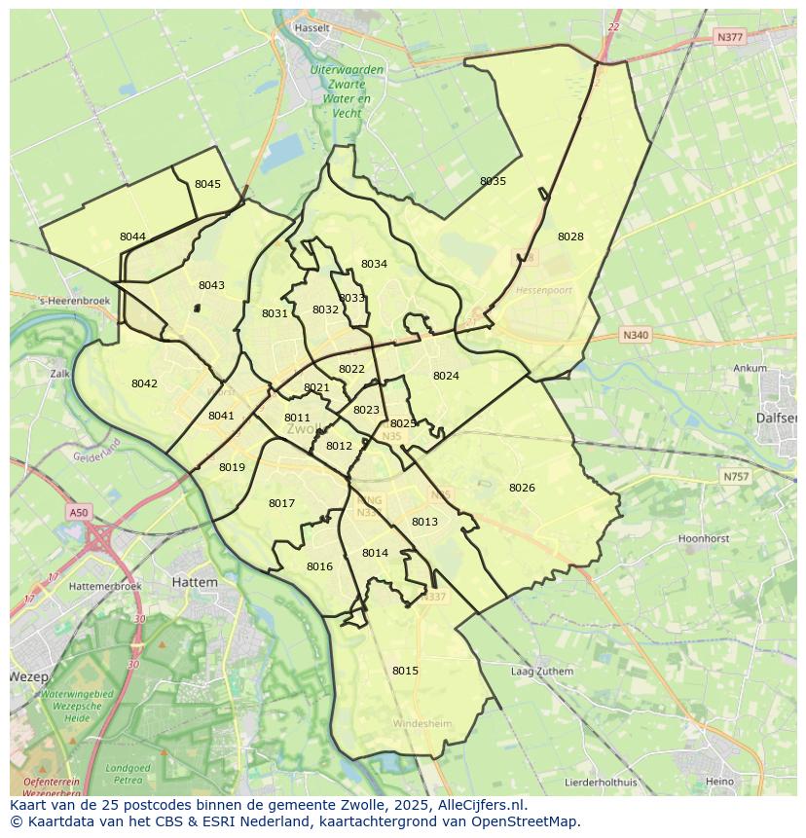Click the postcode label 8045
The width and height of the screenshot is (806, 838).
[x=207, y=184]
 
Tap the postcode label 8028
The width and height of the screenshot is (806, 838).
[x=570, y=237]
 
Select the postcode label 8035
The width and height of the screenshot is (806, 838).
[x=493, y=181]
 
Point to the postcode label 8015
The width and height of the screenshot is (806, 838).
[x=405, y=671]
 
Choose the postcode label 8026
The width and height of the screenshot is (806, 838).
[x=522, y=488]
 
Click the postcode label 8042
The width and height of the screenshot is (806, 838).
[x=144, y=383]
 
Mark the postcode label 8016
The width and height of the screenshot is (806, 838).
[x=319, y=566]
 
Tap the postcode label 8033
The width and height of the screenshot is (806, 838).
[x=351, y=298]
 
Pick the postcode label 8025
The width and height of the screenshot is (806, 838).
[x=403, y=423]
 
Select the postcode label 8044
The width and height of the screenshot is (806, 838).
[x=132, y=237]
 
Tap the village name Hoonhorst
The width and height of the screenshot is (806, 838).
[x=704, y=538]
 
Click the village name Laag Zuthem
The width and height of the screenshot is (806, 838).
[x=542, y=672]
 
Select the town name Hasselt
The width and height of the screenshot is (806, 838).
[x=312, y=28]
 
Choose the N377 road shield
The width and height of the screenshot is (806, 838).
[x=728, y=37]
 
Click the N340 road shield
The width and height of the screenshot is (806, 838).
[x=634, y=335]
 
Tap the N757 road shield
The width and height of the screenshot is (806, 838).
[x=736, y=477]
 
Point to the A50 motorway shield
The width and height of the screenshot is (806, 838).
[x=79, y=512]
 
